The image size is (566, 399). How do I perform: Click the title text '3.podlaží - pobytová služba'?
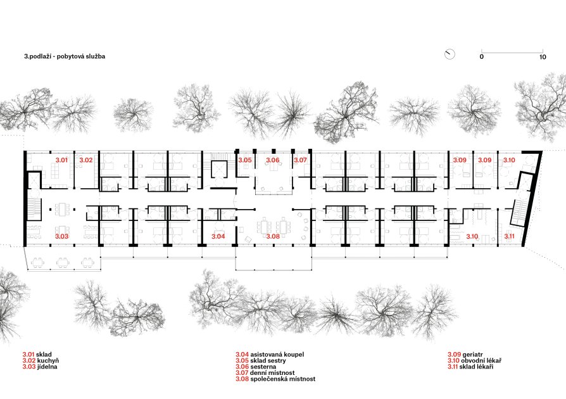(x=65, y=56)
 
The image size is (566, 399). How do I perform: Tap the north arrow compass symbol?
(x=450, y=54)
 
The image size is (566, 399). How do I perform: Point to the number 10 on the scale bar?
(x=543, y=57)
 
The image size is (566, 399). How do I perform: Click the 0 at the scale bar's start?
(x=482, y=57)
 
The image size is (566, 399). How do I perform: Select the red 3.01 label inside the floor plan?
(x=61, y=160)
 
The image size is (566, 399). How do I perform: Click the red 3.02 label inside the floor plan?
(x=86, y=160)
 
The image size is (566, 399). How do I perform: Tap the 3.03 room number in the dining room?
(x=61, y=236)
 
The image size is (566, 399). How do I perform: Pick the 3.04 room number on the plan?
(x=218, y=236)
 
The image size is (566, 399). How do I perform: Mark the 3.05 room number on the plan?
(x=245, y=160)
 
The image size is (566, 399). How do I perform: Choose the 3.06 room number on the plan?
(x=273, y=160)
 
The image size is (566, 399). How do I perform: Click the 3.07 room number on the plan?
(x=300, y=160)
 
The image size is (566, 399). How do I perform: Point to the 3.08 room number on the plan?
(x=274, y=236)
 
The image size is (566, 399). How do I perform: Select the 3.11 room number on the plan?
(x=509, y=236)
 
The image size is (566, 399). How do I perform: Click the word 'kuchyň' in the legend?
(x=48, y=361)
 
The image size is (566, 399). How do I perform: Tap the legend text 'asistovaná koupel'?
(x=277, y=355)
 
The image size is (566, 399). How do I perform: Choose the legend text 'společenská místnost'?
(x=282, y=379)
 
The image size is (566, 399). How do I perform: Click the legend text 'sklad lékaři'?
(x=477, y=367)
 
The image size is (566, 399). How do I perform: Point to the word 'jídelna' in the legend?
(x=47, y=367)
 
